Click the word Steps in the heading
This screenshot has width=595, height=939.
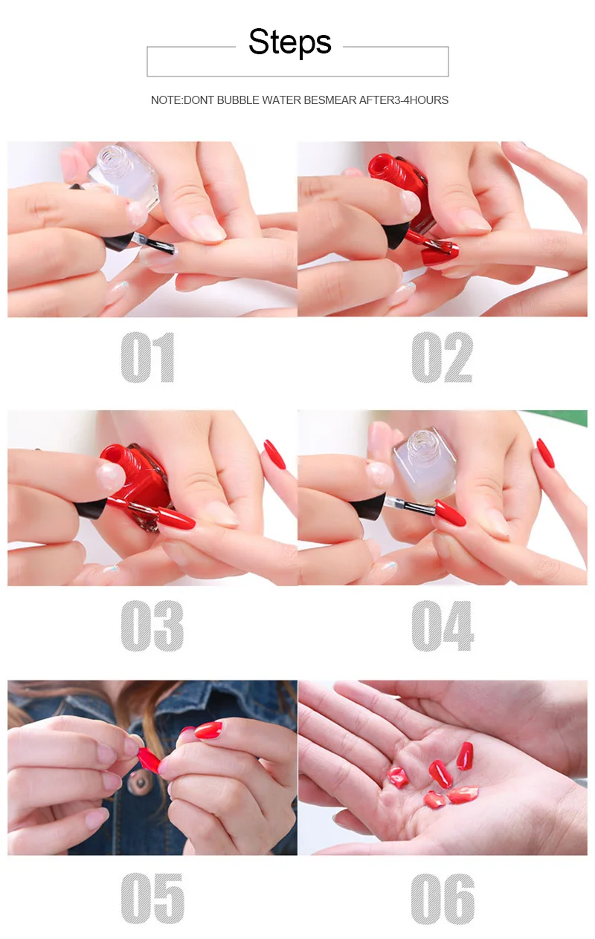click(x=290, y=42)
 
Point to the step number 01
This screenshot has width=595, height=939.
click(x=148, y=357)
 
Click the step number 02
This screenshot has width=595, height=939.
click(x=443, y=357)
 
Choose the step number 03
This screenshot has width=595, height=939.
click(x=152, y=626)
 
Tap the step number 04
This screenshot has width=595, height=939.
click(x=443, y=626)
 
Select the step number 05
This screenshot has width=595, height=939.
click(x=152, y=898)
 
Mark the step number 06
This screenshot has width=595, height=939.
click(x=443, y=898)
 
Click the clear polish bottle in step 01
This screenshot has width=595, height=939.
click(x=125, y=176)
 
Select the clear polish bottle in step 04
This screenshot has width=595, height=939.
click(x=426, y=464)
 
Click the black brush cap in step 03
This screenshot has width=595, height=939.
click(x=91, y=508)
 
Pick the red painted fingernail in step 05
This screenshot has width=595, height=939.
click(x=208, y=730)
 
